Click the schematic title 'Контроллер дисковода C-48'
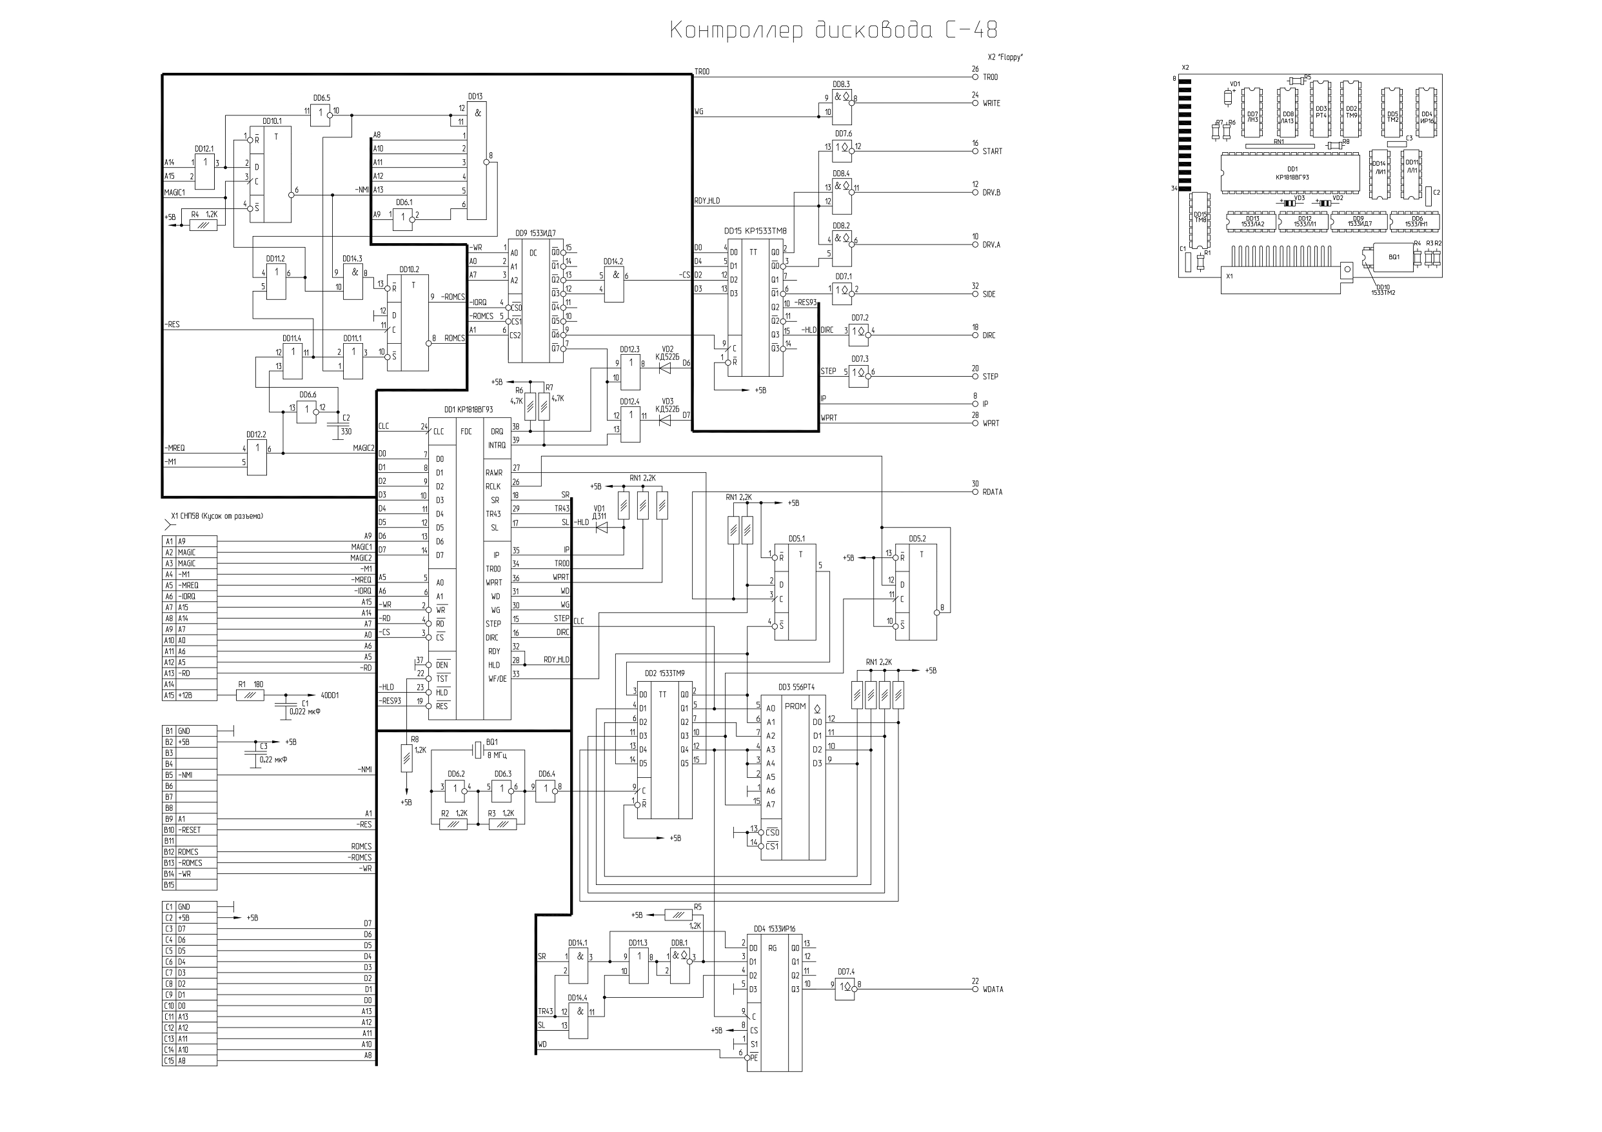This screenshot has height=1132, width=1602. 833,31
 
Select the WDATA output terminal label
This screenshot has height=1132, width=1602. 993,989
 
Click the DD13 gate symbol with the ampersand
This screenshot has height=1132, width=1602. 477,161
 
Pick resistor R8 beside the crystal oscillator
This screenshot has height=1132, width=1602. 407,758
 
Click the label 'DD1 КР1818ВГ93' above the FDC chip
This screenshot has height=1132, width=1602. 468,410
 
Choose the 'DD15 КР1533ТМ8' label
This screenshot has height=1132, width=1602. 755,230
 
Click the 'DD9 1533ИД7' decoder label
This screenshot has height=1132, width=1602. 535,233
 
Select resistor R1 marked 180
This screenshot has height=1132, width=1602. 250,695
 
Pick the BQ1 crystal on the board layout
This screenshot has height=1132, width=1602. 1394,257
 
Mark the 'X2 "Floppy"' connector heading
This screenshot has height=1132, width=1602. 1005,57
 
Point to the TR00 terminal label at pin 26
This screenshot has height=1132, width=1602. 990,77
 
